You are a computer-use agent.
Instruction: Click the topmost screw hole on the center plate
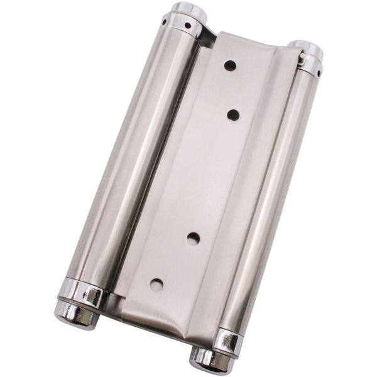coord(231,65)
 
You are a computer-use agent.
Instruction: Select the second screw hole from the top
coord(233,114)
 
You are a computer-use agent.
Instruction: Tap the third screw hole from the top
coord(194,238)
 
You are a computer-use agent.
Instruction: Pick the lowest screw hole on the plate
coord(156,284)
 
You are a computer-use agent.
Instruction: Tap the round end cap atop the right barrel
coord(306,48)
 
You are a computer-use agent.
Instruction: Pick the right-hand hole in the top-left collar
coord(187,26)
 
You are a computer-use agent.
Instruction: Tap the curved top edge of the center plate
coord(251,41)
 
